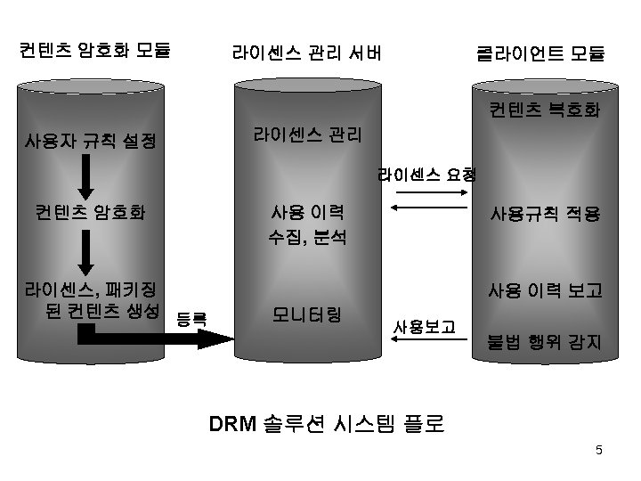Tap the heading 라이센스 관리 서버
(x=307, y=53)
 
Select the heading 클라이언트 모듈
(x=540, y=53)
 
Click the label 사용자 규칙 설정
(x=91, y=141)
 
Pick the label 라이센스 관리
(x=307, y=135)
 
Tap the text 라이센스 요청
(x=426, y=174)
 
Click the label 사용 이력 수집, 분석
(x=308, y=225)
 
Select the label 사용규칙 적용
(x=542, y=215)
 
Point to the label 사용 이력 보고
(x=544, y=290)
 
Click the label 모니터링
(x=308, y=314)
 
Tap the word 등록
(x=191, y=317)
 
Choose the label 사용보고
(x=425, y=328)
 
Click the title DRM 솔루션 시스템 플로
(x=327, y=422)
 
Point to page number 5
(x=599, y=450)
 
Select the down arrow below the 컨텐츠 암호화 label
(x=86, y=253)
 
